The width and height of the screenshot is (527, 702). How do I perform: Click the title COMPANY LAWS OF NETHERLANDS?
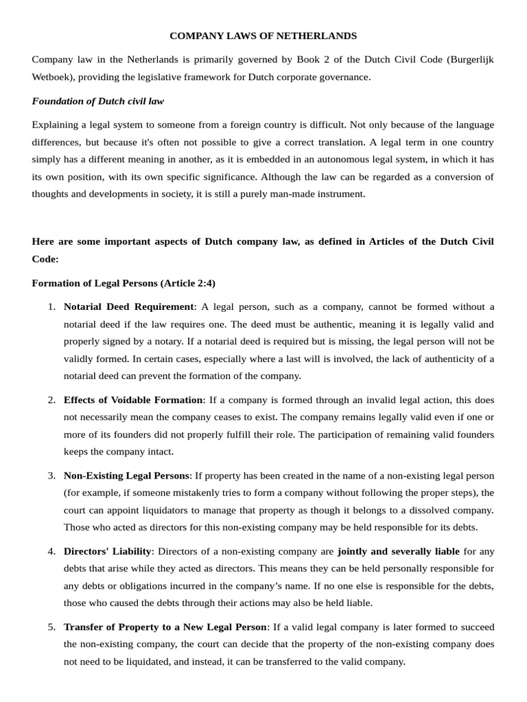click(263, 36)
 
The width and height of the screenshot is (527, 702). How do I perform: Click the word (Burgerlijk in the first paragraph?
click(469, 60)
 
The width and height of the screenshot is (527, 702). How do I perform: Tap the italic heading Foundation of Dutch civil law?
click(98, 101)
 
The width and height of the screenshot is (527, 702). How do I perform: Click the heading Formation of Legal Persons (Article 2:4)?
click(124, 283)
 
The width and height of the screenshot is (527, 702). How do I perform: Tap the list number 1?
click(51, 306)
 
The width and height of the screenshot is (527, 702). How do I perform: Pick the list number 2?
click(51, 400)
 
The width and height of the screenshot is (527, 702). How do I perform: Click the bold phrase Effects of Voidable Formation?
click(133, 400)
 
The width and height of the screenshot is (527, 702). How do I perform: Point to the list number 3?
click(51, 475)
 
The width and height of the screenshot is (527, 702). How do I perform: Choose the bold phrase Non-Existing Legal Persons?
click(128, 475)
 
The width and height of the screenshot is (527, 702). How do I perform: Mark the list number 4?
click(51, 551)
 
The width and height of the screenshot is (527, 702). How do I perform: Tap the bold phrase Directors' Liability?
click(108, 551)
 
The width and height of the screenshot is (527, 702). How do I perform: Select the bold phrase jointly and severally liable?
click(399, 551)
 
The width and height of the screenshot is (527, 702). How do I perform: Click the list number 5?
click(51, 627)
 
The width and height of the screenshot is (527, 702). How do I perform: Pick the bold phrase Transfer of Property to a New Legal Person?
click(165, 627)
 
